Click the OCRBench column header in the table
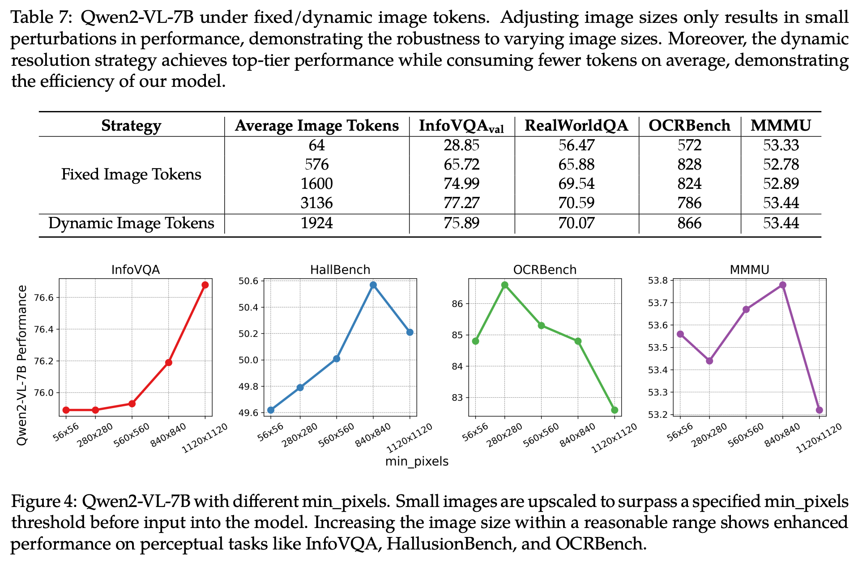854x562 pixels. (689, 126)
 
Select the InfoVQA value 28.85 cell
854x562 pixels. (461, 145)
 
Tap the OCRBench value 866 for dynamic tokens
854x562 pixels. (689, 223)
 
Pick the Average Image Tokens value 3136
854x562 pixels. (316, 203)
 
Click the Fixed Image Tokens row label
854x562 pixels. (131, 174)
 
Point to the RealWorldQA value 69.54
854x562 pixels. (576, 184)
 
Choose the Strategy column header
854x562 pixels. (131, 126)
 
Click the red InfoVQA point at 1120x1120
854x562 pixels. (205, 285)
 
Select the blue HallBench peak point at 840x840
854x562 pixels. (373, 285)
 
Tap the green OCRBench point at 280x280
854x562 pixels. (505, 285)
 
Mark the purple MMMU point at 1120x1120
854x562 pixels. (820, 410)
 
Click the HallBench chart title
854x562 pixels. (340, 270)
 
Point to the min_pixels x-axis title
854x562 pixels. (417, 461)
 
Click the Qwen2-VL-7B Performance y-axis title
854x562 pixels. (21, 365)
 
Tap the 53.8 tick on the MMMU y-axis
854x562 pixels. (658, 281)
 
